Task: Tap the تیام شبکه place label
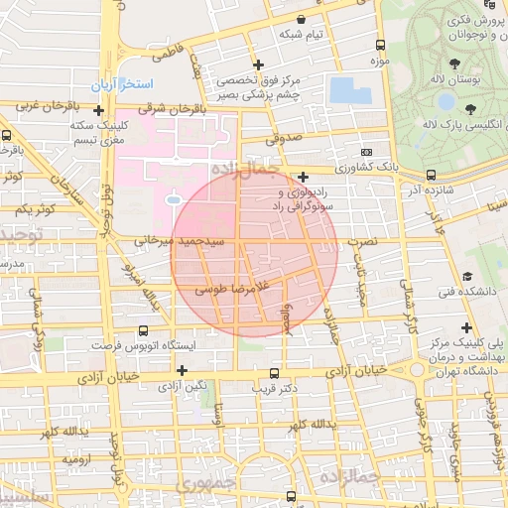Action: coord(302,35)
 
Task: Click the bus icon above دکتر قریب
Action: coord(274,373)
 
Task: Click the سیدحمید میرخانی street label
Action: coord(187,240)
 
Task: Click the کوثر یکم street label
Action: coord(34,210)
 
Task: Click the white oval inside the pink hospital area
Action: coord(173,200)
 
